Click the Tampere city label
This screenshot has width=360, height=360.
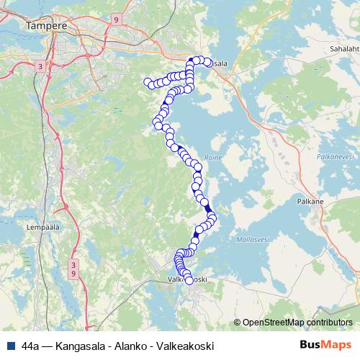pos(46,26)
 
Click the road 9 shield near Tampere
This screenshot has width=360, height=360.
pos(115,21)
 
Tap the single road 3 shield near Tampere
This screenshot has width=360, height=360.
pos(40,66)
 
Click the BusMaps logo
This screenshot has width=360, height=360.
pos(325,345)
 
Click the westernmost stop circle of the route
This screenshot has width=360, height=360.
pos(148,82)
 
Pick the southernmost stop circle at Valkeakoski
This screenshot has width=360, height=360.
pos(189,281)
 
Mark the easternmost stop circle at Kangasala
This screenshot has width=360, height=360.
pos(208,63)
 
